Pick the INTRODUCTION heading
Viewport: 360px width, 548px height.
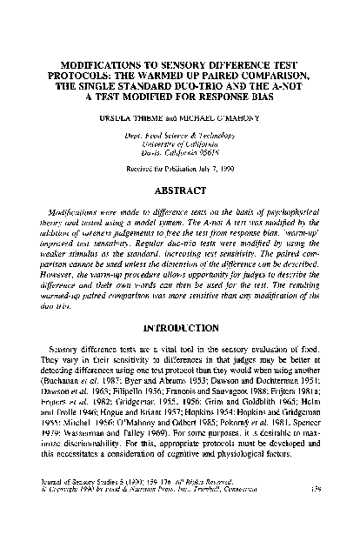click(180, 329)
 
